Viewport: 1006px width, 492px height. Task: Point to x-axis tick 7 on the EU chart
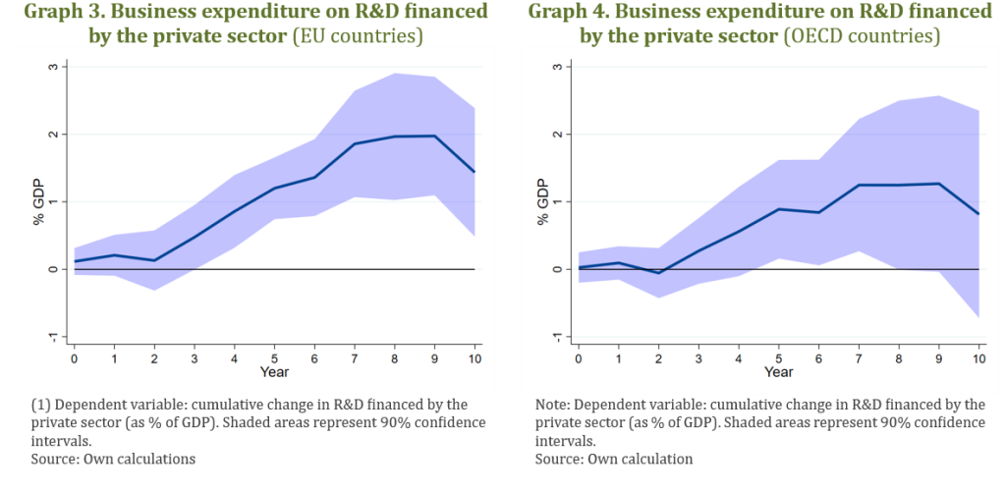click(x=355, y=358)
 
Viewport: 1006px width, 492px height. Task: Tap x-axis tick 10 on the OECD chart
click(x=979, y=358)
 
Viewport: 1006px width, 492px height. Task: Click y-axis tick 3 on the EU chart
click(x=52, y=67)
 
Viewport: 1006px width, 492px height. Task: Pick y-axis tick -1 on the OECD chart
click(x=556, y=337)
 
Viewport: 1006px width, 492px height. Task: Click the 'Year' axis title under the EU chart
click(x=274, y=372)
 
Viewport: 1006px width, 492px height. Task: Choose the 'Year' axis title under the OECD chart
click(x=778, y=372)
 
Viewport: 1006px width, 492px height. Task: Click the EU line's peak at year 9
click(x=435, y=136)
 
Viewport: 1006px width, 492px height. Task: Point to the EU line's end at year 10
click(x=475, y=172)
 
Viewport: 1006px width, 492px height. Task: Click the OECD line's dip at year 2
click(x=657, y=273)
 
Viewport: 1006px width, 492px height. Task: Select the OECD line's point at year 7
click(x=859, y=185)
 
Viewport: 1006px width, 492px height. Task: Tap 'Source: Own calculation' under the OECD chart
click(x=614, y=459)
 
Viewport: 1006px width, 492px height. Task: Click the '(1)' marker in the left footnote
click(x=42, y=404)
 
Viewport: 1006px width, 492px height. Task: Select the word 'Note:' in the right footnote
click(x=556, y=404)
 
